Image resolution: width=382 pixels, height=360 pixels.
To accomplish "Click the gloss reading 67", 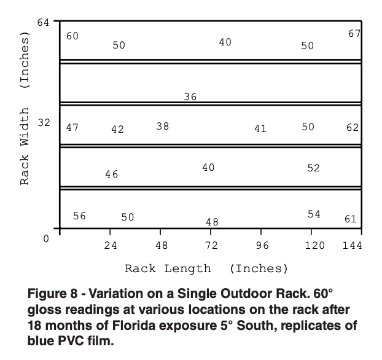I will (354, 33).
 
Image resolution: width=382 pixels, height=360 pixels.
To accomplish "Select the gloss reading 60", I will (72, 36).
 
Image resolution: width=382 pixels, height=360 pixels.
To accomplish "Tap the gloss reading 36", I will (190, 96).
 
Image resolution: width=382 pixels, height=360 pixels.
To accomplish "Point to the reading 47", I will (72, 127).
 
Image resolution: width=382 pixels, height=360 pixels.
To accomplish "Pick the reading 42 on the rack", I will (117, 129).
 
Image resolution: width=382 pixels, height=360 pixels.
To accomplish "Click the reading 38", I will (162, 126).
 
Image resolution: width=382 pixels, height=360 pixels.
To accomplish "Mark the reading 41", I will (260, 128).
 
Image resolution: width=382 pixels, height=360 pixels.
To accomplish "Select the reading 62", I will (353, 128).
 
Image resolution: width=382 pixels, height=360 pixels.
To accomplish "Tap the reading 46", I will (111, 174).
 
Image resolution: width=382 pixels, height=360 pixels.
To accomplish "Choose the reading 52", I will (313, 168).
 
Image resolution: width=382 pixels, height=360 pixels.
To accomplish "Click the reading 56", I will (79, 216).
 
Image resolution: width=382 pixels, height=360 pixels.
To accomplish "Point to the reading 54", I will (314, 214).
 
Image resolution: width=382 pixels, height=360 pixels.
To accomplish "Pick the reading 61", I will (350, 219).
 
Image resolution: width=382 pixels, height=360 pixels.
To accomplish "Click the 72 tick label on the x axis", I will (211, 246).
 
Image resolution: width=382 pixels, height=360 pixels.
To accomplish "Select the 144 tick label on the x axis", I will (353, 246).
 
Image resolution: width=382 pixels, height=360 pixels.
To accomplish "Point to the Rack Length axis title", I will (206, 268).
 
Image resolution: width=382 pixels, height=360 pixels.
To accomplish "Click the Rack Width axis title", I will (25, 111).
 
